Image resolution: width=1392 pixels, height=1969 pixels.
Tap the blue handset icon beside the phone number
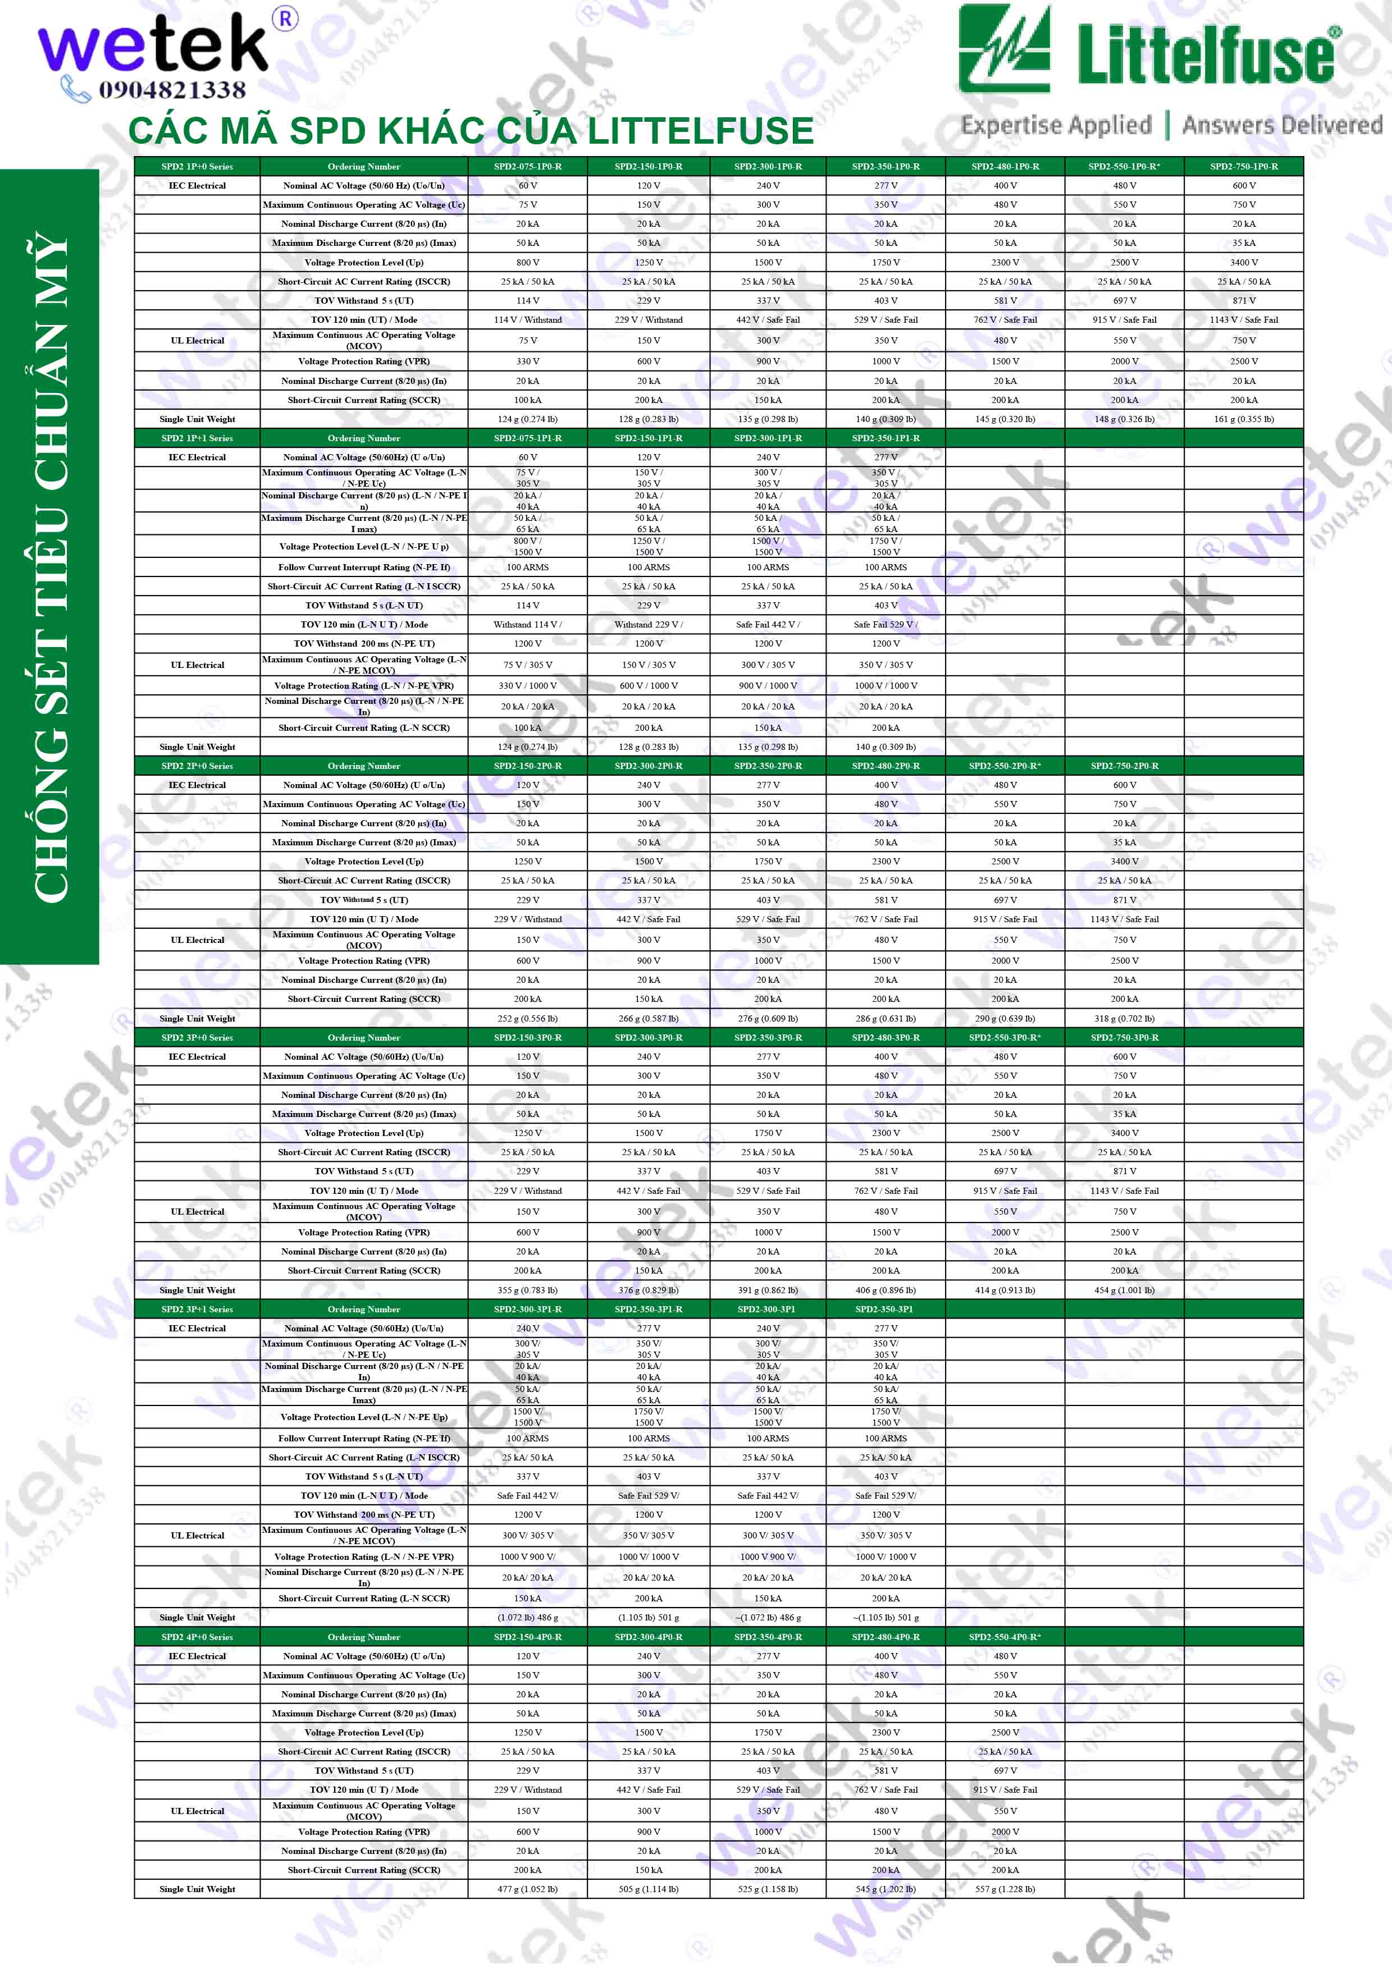click(x=75, y=88)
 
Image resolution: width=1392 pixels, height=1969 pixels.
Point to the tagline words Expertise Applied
click(x=1056, y=125)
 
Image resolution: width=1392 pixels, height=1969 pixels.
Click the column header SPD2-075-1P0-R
click(x=527, y=166)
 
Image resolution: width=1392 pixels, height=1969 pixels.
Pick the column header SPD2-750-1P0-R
click(x=1244, y=166)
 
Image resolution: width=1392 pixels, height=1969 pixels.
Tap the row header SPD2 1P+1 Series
click(x=197, y=438)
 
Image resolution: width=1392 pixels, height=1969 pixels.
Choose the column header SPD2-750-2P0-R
click(x=1124, y=766)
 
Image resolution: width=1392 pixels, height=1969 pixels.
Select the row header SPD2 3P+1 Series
click(x=197, y=1309)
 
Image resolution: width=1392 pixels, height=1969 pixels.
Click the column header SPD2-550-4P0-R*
click(x=1005, y=1637)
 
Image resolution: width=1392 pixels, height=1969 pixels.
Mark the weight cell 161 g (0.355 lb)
click(x=1244, y=419)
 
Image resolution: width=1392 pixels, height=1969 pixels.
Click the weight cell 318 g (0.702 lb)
click(x=1124, y=1019)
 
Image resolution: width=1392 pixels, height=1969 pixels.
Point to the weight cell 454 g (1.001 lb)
click(x=1124, y=1290)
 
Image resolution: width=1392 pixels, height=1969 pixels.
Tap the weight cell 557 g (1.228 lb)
click(x=1005, y=1889)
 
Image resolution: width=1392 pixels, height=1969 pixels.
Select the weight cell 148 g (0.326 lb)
click(x=1124, y=419)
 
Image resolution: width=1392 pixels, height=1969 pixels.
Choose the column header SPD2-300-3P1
click(x=767, y=1309)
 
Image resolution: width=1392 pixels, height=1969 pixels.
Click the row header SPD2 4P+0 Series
click(x=197, y=1637)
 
